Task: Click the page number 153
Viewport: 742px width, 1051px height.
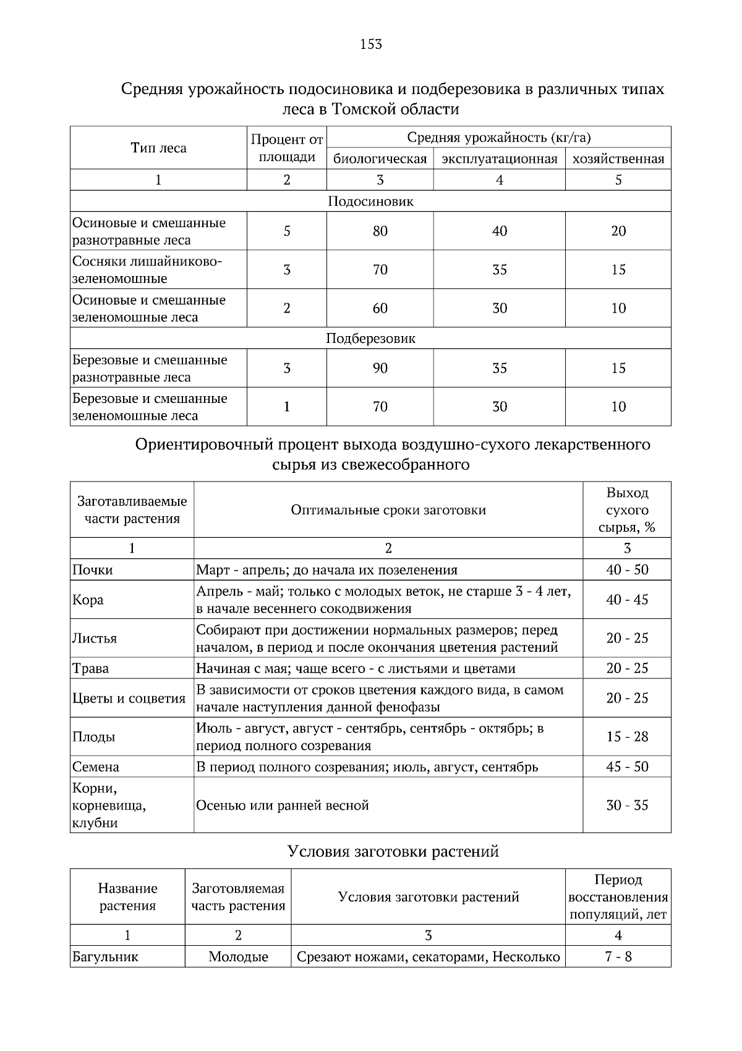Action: coord(371,44)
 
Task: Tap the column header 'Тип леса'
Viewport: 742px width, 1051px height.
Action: coord(158,148)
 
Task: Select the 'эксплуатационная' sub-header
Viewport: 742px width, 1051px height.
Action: coord(499,159)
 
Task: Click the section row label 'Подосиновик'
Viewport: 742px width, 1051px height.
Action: coord(370,201)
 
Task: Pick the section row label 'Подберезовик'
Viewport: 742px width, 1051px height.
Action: coord(370,339)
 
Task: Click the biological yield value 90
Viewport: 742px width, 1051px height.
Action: coord(380,368)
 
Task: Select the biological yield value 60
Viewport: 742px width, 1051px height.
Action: coord(380,308)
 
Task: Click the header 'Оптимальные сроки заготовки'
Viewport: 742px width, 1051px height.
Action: coord(388,510)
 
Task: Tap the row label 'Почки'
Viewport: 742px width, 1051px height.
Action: coord(93,570)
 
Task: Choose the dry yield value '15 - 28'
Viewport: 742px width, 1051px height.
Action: coord(627,737)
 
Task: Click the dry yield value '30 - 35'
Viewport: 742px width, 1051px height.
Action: coord(627,805)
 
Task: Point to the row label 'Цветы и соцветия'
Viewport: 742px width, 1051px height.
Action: coord(129,698)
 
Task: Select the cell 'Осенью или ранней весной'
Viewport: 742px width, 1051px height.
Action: coord(283,805)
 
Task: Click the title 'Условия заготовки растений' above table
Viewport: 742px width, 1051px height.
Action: coord(393,852)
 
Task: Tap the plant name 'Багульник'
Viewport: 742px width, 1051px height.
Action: coord(105,957)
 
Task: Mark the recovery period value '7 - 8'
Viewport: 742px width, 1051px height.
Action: coord(618,957)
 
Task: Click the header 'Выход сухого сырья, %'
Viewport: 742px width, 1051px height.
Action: coord(627,510)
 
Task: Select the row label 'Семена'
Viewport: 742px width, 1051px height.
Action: coord(96,767)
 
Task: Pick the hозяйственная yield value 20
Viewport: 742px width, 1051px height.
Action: coord(618,231)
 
